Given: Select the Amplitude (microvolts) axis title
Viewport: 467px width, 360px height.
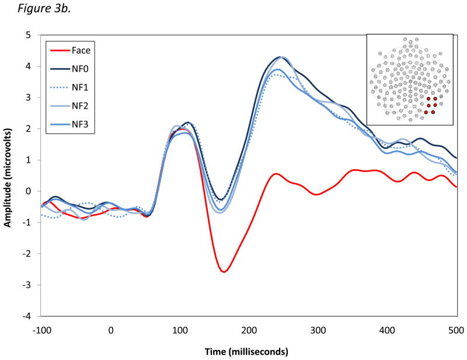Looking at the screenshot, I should pyautogui.click(x=10, y=175).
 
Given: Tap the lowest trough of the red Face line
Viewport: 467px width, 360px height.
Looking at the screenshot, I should pyautogui.click(x=224, y=271).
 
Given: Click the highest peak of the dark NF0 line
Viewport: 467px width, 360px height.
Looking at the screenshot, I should pyautogui.click(x=281, y=57).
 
